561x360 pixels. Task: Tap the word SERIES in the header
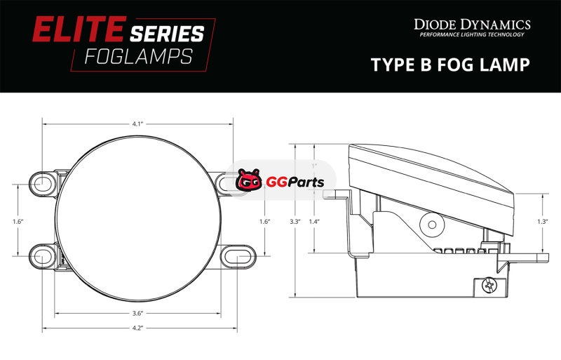(x=167, y=34)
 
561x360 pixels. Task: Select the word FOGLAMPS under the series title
(x=139, y=57)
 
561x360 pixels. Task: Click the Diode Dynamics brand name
(x=472, y=25)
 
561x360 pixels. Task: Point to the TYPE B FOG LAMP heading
(x=450, y=65)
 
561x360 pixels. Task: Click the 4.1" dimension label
(x=137, y=124)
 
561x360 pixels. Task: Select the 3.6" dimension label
(x=137, y=314)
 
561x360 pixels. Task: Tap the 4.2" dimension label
(x=137, y=328)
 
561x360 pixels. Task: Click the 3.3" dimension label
(x=295, y=221)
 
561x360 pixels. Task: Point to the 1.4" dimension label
(x=313, y=221)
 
